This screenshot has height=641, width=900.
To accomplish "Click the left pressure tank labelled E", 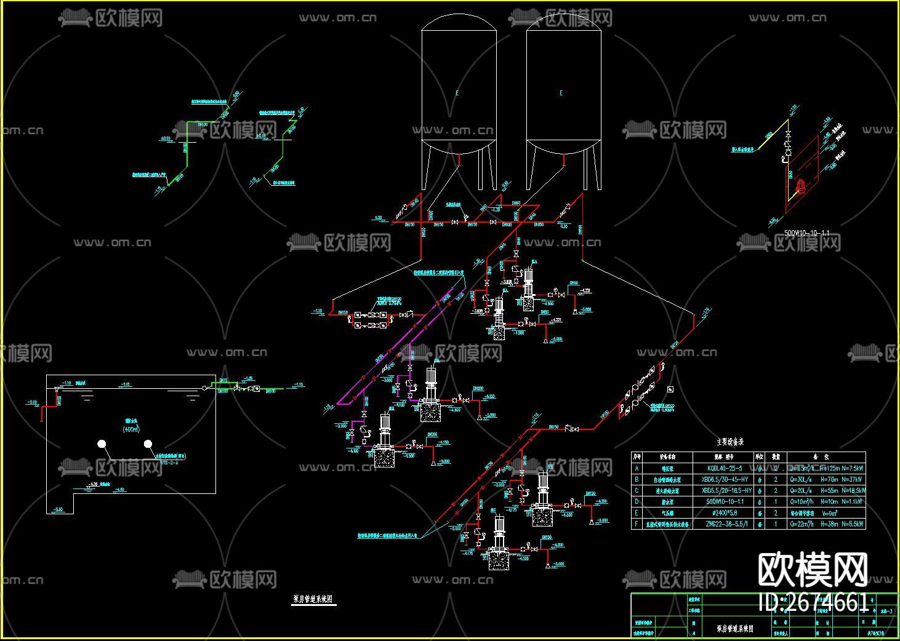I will coord(459,92).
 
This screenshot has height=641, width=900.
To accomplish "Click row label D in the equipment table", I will coord(637,502).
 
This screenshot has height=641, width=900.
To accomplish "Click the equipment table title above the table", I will coord(730,442).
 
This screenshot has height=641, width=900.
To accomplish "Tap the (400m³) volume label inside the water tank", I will coord(131,429).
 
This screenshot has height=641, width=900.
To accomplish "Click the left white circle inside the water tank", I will coord(102,444).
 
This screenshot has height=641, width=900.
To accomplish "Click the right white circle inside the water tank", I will coord(148,444).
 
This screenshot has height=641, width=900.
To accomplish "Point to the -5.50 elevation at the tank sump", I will coord(58,509).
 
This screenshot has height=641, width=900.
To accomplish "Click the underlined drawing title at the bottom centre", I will coord(313,599).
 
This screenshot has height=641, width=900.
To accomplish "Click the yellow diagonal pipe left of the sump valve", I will coord(763,144).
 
